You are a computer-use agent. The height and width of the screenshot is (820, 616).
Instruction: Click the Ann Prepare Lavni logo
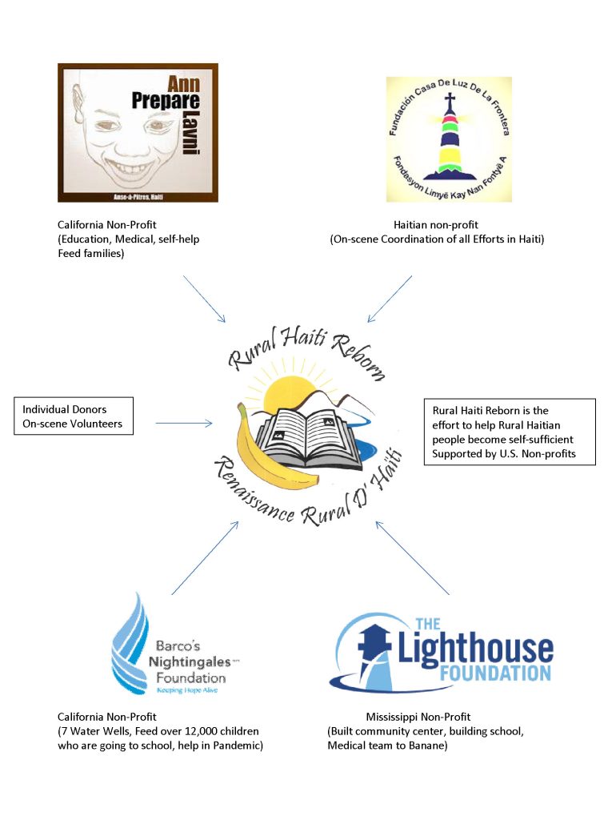click(x=138, y=133)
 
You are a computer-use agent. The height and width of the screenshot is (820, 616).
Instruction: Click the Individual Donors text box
click(x=73, y=416)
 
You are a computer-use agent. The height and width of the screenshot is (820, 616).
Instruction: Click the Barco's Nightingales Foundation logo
click(x=175, y=645)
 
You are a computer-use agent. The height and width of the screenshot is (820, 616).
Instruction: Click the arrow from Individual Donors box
click(x=184, y=423)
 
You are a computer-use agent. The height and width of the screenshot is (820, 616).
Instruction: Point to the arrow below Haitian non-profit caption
click(x=390, y=299)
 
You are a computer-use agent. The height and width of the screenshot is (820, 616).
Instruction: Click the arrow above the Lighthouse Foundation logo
click(x=411, y=557)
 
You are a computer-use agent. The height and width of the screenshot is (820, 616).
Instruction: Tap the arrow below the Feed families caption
click(x=205, y=299)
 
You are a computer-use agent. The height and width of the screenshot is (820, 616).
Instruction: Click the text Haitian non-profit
click(x=436, y=226)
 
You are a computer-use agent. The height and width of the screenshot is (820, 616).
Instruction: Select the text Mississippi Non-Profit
click(x=418, y=717)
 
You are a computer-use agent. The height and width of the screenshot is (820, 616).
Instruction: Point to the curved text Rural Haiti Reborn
click(x=307, y=352)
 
